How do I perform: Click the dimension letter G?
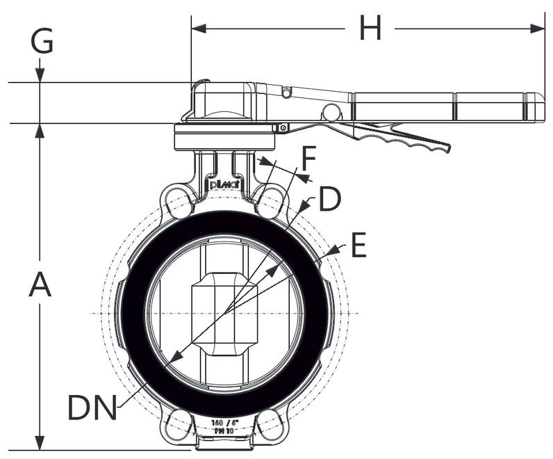pyautogui.click(x=42, y=42)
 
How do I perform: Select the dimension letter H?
pyautogui.click(x=370, y=29)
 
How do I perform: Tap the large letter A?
pyautogui.click(x=40, y=285)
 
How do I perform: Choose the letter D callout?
pyautogui.click(x=329, y=200)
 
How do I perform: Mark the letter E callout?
pyautogui.click(x=357, y=245)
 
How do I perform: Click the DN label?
pyautogui.click(x=92, y=408)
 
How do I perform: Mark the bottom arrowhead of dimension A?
pyautogui.click(x=40, y=443)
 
